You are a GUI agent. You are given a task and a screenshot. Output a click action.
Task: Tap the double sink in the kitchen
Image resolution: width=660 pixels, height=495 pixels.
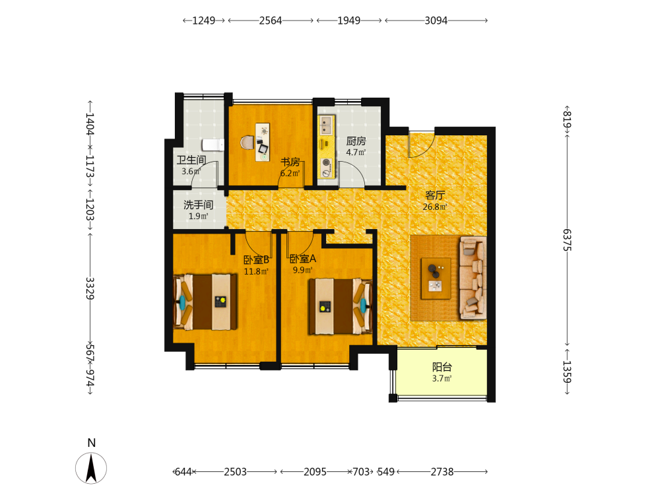click(x=327, y=125)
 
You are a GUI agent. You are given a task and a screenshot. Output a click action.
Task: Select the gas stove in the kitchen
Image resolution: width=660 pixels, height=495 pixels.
click(x=326, y=168)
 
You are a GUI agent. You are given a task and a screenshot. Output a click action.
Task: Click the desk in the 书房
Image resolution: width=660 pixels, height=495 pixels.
click(x=263, y=142)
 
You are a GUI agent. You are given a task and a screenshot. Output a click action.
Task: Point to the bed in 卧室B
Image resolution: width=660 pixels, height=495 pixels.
click(x=205, y=302)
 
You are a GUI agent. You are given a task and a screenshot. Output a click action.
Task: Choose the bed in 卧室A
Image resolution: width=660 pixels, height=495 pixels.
click(x=341, y=306)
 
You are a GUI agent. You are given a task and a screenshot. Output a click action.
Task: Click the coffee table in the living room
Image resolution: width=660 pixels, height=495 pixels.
click(x=436, y=279)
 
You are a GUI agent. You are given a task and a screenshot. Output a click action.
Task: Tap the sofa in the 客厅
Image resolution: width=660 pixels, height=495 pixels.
click(x=473, y=278)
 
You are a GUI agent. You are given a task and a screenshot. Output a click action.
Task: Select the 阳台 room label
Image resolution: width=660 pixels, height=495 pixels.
click(x=442, y=367)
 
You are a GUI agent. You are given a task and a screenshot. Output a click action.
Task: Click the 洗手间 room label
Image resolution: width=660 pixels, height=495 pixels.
click(x=198, y=205)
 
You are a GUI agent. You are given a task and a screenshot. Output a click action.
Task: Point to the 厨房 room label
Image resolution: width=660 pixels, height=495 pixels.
click(x=356, y=141)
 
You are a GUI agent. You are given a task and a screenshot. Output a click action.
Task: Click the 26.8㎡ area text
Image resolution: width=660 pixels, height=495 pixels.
click(x=435, y=207)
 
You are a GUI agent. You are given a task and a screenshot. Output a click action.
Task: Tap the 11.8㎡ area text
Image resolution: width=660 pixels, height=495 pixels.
click(x=256, y=271)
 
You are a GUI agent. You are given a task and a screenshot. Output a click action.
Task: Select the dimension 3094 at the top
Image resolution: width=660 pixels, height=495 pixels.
click(x=436, y=20)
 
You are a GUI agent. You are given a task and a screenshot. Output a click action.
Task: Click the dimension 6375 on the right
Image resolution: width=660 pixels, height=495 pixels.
click(x=568, y=240)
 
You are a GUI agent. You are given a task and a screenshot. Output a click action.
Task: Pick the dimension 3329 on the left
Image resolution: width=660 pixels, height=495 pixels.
click(x=90, y=288)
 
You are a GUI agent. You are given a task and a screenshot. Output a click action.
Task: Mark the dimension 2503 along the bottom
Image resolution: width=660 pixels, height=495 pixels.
click(x=236, y=472)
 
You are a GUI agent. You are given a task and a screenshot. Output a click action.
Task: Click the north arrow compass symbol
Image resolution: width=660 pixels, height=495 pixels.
click(x=91, y=468)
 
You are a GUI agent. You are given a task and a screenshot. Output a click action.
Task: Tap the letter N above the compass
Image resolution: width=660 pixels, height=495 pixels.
click(x=91, y=443)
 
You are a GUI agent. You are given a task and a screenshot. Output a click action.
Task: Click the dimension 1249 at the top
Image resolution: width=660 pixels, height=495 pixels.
click(x=204, y=20)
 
